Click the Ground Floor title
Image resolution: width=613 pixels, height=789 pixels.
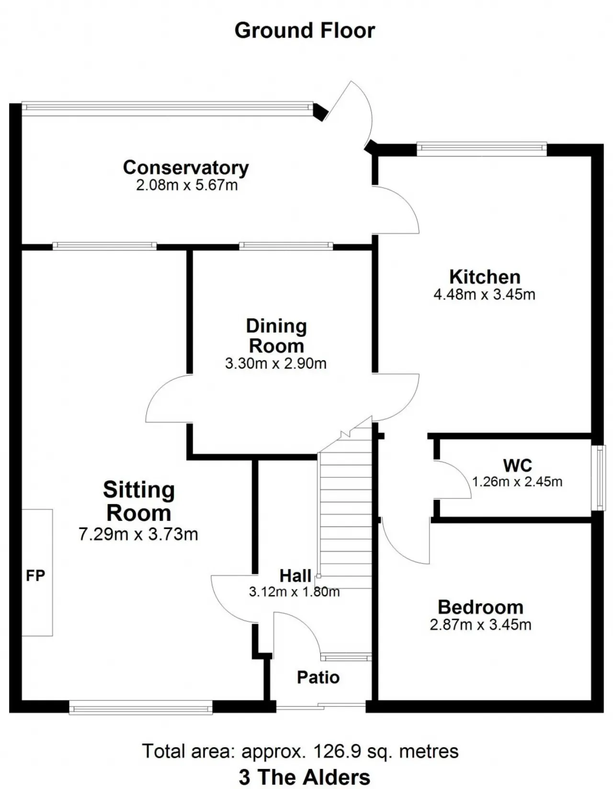click(304, 31)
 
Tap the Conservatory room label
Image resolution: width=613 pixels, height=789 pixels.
click(185, 168)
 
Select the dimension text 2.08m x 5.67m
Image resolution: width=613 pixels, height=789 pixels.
click(187, 185)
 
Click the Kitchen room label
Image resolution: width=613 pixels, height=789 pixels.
click(485, 277)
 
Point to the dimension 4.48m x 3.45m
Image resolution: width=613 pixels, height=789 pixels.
click(485, 294)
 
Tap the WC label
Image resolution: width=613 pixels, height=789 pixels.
click(518, 465)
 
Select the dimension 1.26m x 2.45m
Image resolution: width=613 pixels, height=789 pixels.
click(517, 482)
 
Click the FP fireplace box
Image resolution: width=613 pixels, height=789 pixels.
click(37, 573)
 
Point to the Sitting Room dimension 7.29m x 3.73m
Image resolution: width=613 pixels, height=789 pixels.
click(138, 534)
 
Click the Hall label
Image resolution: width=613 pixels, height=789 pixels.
click(295, 576)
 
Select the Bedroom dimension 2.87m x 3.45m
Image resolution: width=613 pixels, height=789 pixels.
click(480, 625)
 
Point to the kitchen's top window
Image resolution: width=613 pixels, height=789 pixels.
click(481, 149)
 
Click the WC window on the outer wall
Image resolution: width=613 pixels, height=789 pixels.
click(599, 477)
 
